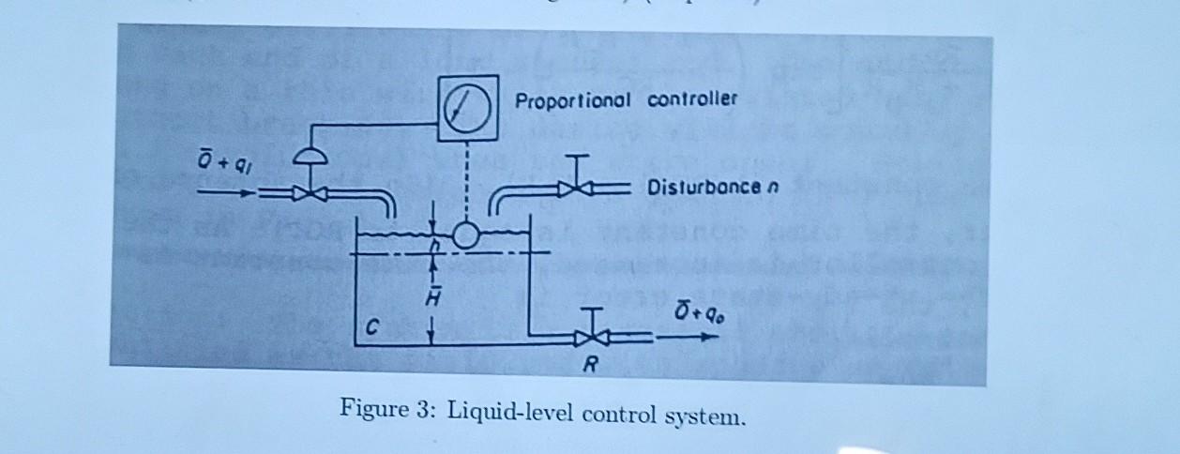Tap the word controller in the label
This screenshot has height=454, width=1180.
pos(692,98)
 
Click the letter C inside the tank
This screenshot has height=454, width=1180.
pos(373,328)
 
